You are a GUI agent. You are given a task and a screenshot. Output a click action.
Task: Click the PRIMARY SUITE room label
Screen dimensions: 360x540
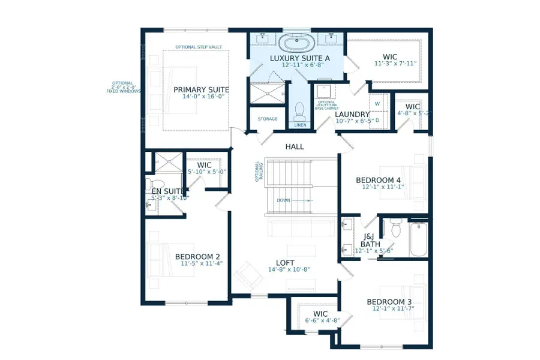[201, 90]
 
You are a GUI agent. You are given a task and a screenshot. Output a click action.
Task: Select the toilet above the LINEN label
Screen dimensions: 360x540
[299, 110]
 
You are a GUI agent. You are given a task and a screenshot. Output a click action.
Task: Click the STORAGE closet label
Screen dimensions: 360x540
[268, 119]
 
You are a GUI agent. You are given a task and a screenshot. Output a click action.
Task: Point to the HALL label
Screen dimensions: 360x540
[295, 146]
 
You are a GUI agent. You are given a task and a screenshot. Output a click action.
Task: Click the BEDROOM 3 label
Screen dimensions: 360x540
[389, 301]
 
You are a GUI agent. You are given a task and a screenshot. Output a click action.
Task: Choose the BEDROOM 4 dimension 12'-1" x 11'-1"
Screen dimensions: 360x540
[378, 188]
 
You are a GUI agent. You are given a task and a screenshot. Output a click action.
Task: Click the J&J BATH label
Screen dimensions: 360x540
[371, 240]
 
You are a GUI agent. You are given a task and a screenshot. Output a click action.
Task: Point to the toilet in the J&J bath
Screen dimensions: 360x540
[395, 227]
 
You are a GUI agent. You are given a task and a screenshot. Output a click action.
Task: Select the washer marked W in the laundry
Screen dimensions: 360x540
[377, 103]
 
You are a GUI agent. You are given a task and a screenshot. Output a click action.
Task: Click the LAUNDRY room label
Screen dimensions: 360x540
[353, 114]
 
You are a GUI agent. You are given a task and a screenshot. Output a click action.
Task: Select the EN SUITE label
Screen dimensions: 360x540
[164, 191]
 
